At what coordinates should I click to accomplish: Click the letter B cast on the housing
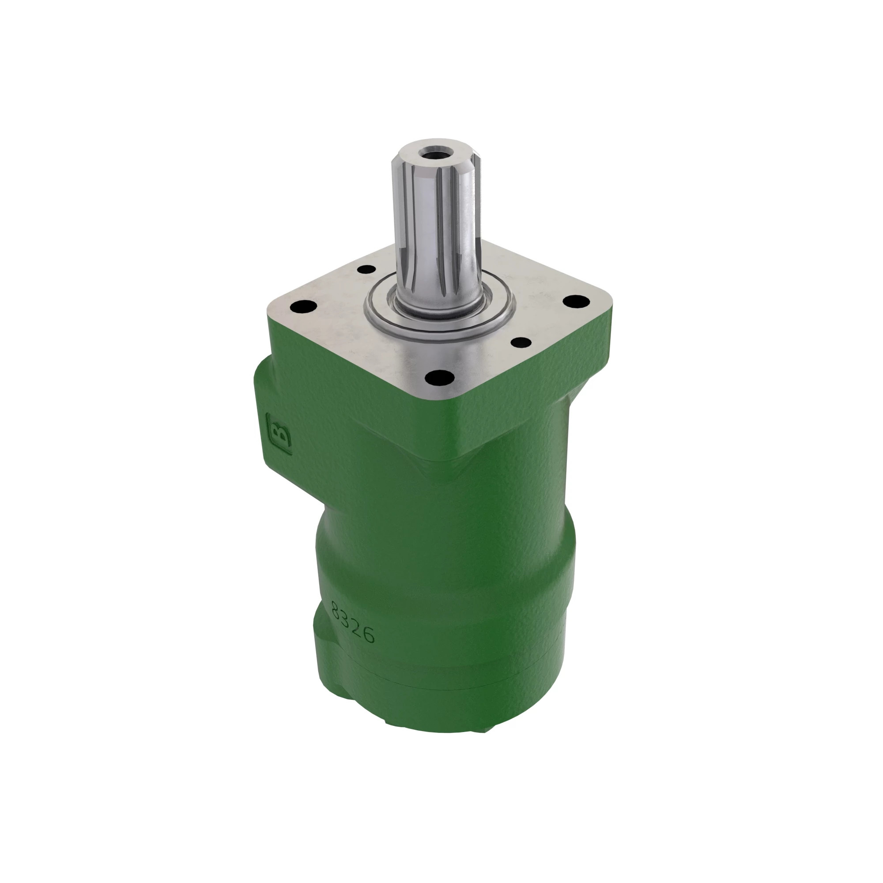click(x=279, y=434)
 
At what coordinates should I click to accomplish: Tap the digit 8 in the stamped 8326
click(x=338, y=610)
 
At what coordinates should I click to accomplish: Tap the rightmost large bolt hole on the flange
click(x=575, y=302)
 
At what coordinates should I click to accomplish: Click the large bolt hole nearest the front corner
click(x=439, y=377)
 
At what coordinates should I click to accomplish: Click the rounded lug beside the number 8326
click(x=322, y=640)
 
